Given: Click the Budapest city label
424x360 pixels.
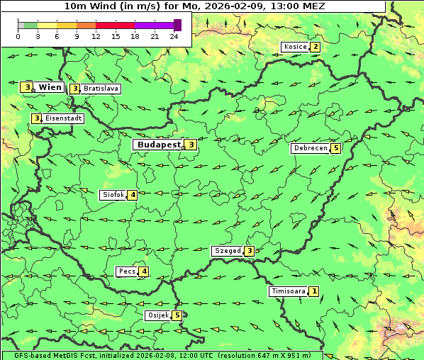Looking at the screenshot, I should point(159,145).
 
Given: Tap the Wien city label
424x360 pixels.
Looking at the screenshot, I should point(50,87).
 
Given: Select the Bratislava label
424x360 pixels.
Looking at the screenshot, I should point(100,89).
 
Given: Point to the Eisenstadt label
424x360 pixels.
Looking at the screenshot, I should point(63,118).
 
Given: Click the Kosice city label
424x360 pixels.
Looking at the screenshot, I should point(294,47).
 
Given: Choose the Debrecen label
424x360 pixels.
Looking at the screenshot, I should point(310,149).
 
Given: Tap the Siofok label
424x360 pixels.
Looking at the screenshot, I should point(113,195).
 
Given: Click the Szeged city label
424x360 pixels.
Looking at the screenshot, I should point(227,251).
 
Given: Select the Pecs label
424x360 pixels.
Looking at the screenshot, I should point(127,271).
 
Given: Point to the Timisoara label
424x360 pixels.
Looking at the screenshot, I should point(288,291).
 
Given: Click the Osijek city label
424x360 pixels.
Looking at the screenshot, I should point(157,315).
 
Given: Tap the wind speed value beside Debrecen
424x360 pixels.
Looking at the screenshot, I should point(336,149).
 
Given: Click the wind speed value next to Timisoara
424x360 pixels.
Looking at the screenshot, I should point(314,291).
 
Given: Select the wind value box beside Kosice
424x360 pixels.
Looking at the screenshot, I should point(315,47).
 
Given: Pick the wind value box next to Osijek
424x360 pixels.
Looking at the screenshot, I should point(177,315).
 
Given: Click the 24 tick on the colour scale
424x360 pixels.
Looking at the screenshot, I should point(174,36).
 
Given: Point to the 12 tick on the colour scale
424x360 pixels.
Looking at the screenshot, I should point(96,36).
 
